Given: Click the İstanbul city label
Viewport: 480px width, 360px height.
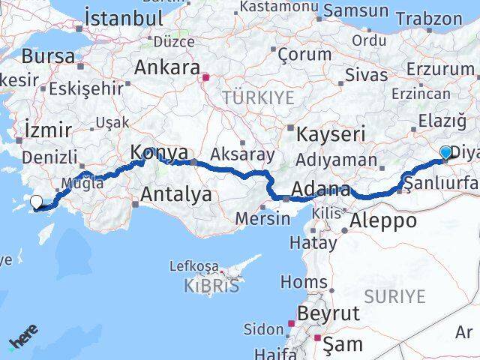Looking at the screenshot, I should point(124,17).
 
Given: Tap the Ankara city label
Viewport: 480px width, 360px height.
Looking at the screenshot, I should point(166,67).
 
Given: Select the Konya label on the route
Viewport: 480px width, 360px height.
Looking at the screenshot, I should point(159,152).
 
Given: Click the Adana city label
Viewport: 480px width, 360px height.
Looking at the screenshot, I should point(320,189).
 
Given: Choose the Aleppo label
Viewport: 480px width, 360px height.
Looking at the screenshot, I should point(383,220).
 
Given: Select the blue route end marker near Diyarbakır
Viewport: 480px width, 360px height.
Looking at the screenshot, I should point(445,153).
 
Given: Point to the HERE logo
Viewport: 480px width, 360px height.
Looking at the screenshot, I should point(22,341).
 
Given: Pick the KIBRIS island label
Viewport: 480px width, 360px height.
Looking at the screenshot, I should point(212,286).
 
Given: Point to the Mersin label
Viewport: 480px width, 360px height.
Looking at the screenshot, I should point(262,218).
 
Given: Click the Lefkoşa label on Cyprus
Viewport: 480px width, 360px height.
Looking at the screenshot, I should point(193,266).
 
